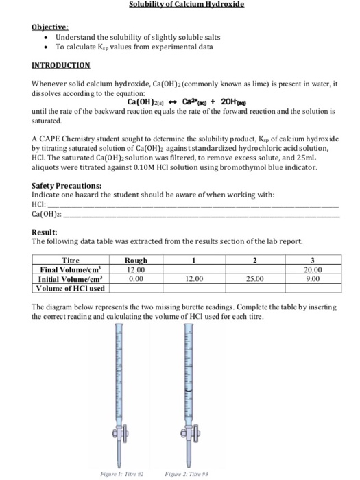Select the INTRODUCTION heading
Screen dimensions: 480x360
point(61,65)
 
